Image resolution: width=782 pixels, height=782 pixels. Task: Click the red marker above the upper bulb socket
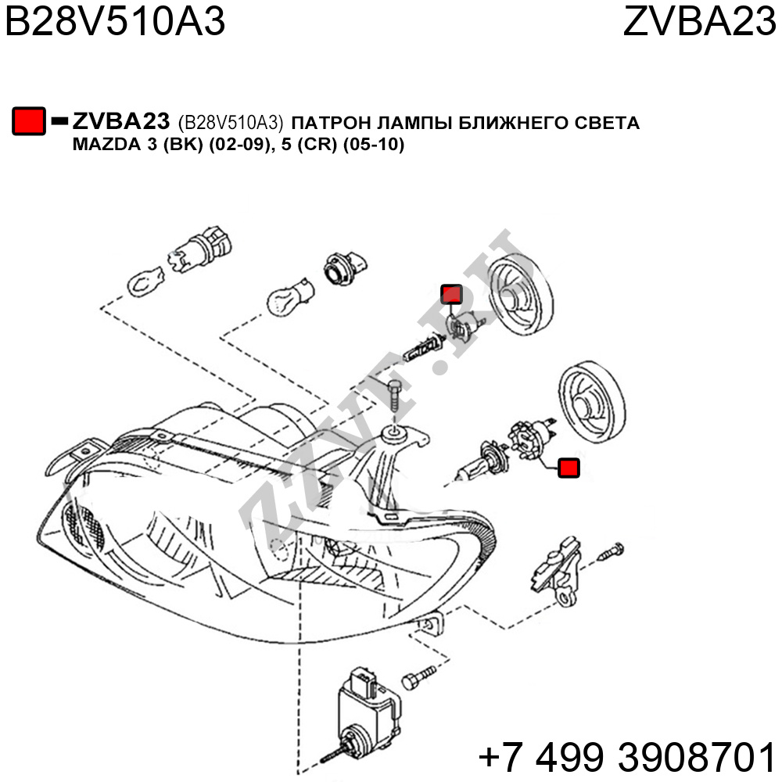click(451, 294)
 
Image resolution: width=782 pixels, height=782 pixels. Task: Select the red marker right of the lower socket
click(569, 468)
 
